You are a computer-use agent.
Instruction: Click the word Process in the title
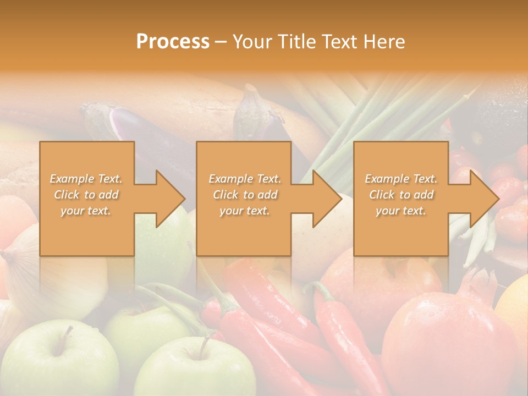click(173, 42)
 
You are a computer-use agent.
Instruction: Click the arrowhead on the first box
click(168, 199)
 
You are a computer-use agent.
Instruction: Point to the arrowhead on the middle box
click(325, 199)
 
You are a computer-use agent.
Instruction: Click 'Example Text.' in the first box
click(86, 179)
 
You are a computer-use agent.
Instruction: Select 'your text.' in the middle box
click(244, 211)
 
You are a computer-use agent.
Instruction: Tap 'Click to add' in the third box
click(402, 195)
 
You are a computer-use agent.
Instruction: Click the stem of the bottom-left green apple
click(68, 332)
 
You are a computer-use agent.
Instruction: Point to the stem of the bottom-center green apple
click(205, 345)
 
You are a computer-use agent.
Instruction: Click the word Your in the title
click(250, 42)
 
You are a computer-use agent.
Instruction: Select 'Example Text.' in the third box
click(402, 179)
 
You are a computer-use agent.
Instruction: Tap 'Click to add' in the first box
click(86, 195)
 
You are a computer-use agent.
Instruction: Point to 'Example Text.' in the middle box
click(244, 179)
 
